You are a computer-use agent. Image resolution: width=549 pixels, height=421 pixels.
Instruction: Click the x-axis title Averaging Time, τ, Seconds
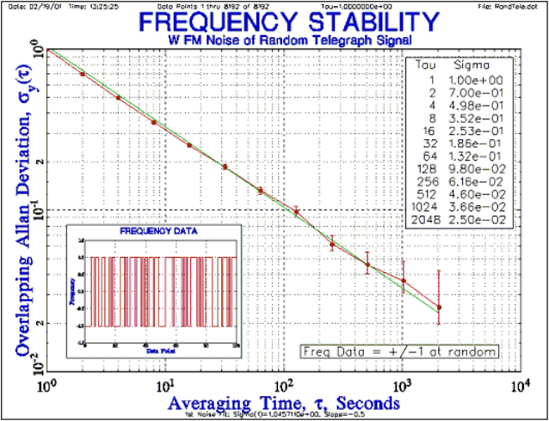[284, 402]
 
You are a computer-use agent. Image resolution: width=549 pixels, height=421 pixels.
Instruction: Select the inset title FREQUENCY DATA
[157, 231]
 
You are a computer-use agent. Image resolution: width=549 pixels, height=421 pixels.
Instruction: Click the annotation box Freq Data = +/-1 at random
[400, 351]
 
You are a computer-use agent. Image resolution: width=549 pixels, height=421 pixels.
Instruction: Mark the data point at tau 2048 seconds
[439, 307]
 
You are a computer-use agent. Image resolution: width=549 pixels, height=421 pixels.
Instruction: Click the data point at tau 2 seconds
[83, 74]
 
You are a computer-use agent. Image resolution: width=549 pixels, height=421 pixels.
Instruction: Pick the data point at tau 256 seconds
[332, 245]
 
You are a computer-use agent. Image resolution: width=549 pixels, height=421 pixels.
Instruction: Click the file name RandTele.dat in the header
[520, 6]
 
